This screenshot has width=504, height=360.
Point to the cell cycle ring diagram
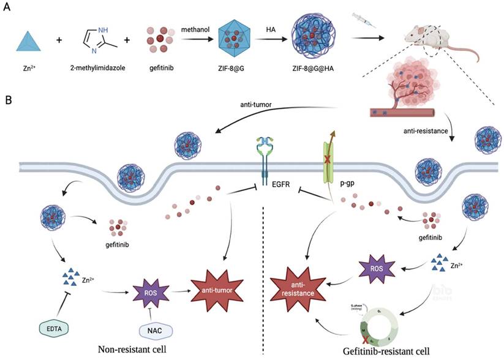click(x=374, y=321)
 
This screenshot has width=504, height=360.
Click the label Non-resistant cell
click(x=134, y=350)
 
